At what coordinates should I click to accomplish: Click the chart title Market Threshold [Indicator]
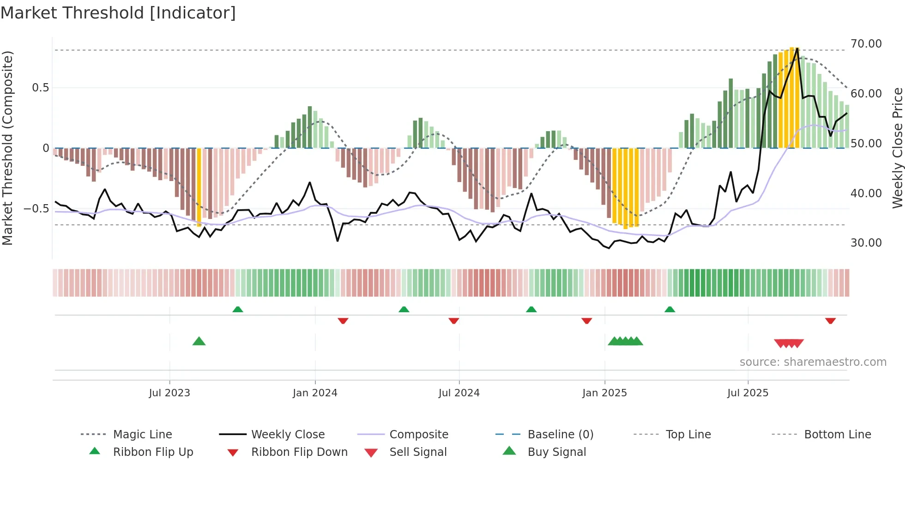[118, 13]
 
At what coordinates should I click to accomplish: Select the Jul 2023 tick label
[169, 393]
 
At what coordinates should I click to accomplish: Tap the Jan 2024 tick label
[315, 393]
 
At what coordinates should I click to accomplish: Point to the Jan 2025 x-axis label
[604, 393]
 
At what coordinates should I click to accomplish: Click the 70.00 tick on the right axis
[866, 44]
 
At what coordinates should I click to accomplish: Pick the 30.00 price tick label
[866, 243]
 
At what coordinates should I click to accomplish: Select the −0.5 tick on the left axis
[36, 209]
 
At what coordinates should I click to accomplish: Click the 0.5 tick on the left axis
[40, 88]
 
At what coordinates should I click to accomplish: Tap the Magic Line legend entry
[142, 435]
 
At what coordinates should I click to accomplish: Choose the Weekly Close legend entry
[288, 435]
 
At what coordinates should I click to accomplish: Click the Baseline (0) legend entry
[560, 435]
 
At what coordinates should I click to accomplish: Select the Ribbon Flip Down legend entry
[299, 452]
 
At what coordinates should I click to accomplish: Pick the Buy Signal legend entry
[556, 452]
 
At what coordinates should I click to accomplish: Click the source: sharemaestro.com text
[813, 362]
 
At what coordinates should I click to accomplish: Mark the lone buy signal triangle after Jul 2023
[199, 341]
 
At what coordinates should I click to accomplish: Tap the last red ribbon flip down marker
[830, 321]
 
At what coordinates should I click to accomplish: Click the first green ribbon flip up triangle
[238, 309]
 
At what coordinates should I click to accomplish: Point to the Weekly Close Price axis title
[897, 148]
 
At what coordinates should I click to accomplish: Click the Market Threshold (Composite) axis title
[7, 148]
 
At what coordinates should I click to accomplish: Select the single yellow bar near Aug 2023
[199, 187]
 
